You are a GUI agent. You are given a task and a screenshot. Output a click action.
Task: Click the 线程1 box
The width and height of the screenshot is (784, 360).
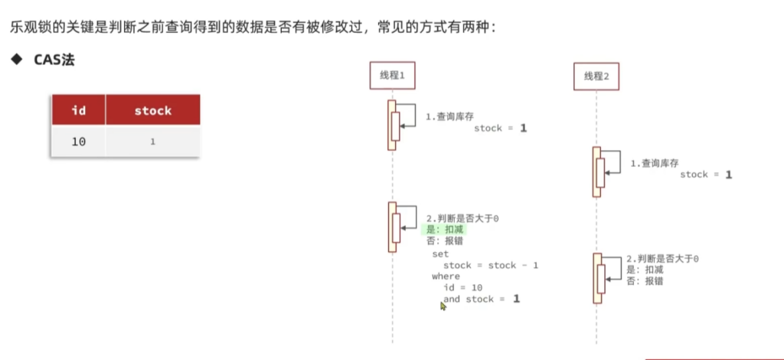pyautogui.click(x=392, y=75)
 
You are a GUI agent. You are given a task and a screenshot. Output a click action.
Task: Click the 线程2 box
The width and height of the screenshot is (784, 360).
pyautogui.click(x=596, y=76)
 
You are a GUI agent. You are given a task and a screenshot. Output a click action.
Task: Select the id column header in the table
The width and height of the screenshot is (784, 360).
pyautogui.click(x=78, y=110)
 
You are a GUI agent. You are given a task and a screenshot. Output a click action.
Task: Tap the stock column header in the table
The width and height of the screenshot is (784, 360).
pyautogui.click(x=153, y=110)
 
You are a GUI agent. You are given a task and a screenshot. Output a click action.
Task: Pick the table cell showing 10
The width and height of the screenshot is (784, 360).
pyautogui.click(x=78, y=142)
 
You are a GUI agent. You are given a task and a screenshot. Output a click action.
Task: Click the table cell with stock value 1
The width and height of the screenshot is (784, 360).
pyautogui.click(x=153, y=142)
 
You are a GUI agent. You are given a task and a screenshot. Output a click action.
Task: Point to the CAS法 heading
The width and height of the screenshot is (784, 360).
pyautogui.click(x=54, y=60)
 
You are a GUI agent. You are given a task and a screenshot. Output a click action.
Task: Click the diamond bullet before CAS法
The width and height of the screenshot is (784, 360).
pyautogui.click(x=15, y=60)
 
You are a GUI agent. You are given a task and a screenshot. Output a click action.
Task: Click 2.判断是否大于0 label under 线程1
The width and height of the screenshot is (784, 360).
pyautogui.click(x=462, y=218)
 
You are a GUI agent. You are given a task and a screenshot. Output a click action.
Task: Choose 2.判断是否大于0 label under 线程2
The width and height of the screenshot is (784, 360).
pyautogui.click(x=662, y=259)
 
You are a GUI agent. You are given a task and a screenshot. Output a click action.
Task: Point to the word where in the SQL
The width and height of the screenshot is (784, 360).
pyautogui.click(x=446, y=276)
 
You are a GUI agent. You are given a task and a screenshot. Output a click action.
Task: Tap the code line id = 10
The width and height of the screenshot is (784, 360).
pyautogui.click(x=461, y=287)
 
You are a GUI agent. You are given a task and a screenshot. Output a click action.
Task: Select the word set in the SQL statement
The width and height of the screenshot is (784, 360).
pyautogui.click(x=440, y=254)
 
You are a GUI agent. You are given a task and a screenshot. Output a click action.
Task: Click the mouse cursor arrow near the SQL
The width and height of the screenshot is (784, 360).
pyautogui.click(x=443, y=306)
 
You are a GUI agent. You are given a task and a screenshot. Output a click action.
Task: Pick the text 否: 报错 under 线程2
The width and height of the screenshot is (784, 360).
pyautogui.click(x=645, y=281)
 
